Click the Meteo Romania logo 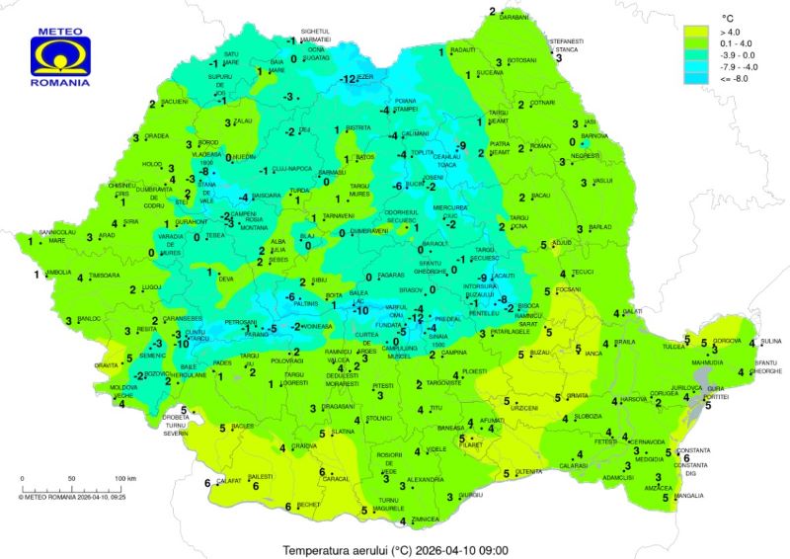click(61, 57)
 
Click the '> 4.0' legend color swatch click(698, 32)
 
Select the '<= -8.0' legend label click(734, 78)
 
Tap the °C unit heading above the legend click(728, 17)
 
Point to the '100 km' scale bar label click(124, 478)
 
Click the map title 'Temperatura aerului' click(356, 549)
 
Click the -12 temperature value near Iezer click(349, 79)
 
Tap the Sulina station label click(770, 342)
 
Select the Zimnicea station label click(425, 519)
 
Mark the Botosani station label click(520, 60)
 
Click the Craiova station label click(303, 446)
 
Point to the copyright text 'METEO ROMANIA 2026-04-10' click(60, 497)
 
